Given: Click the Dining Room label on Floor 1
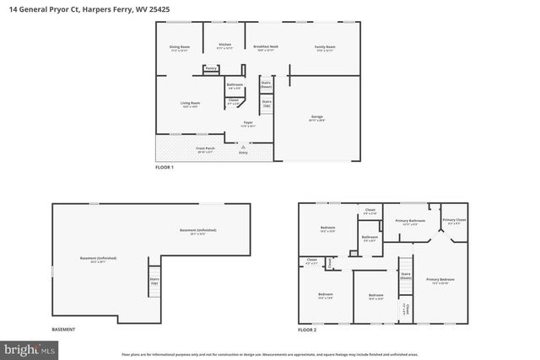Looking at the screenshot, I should pyautogui.click(x=179, y=48).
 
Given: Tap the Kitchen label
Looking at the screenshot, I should pyautogui.click(x=224, y=46).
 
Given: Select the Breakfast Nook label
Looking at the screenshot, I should pyautogui.click(x=267, y=48).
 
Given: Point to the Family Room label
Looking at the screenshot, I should pyautogui.click(x=325, y=48).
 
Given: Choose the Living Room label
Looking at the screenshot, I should pyautogui.click(x=190, y=104).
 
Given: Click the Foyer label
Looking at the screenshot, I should pyautogui.click(x=249, y=124).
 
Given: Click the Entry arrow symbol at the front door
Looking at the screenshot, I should pyautogui.click(x=245, y=146).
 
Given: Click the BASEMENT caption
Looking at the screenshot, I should pyautogui.click(x=64, y=329).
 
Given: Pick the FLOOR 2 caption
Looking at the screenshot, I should pyautogui.click(x=308, y=329).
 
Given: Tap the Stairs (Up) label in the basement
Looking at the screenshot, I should pyautogui.click(x=154, y=281).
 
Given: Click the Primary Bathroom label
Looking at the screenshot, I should pyautogui.click(x=408, y=223).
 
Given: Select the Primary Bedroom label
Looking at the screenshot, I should pyautogui.click(x=441, y=281).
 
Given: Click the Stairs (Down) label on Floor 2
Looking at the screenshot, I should pyautogui.click(x=406, y=275).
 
